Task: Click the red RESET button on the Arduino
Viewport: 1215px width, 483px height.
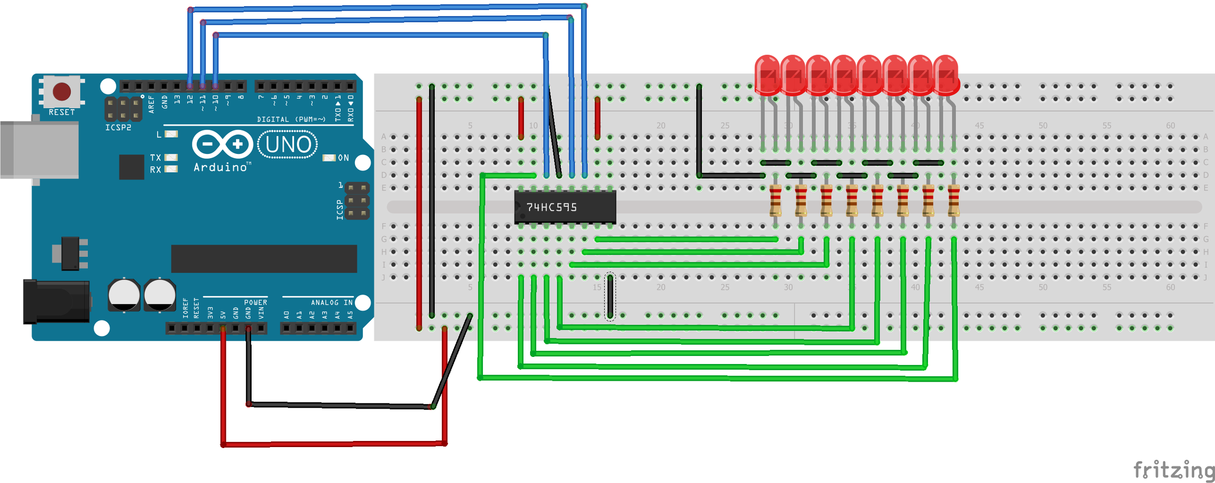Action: (62, 92)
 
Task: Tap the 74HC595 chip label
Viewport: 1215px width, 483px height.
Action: (551, 207)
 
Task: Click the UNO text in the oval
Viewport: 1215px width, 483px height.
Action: (288, 145)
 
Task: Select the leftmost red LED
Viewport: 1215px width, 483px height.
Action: (767, 75)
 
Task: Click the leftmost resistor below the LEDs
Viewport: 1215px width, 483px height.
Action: (775, 201)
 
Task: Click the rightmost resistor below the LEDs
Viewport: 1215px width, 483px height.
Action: (953, 201)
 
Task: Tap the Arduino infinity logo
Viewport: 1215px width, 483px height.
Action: (222, 145)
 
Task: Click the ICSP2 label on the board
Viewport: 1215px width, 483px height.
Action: (118, 128)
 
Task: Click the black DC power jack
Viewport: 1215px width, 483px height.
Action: (56, 302)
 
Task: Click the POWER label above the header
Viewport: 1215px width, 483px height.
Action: (255, 303)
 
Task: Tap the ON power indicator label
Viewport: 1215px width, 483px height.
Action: (343, 158)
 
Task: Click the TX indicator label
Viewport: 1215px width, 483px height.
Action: (155, 158)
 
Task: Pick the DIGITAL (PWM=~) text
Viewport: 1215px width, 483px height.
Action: (291, 119)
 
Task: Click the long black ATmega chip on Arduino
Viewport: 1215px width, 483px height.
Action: (264, 259)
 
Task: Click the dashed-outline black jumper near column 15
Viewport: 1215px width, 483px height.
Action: (610, 296)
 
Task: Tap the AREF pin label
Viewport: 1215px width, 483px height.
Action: (151, 104)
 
